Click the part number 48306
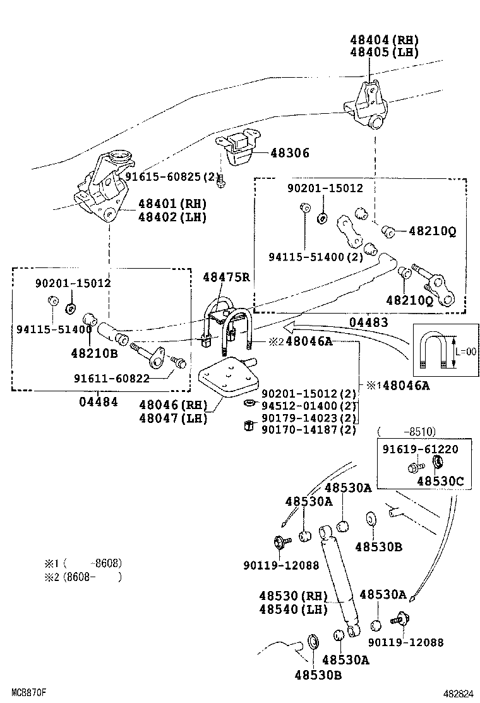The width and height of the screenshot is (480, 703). [x=290, y=153]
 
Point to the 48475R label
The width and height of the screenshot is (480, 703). [x=226, y=277]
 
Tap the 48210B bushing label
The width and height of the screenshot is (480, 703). [x=94, y=353]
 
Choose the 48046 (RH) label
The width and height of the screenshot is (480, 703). [x=172, y=405]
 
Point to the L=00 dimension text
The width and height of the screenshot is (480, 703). [x=465, y=351]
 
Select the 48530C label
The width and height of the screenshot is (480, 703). [x=440, y=482]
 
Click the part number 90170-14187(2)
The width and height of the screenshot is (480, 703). [x=308, y=430]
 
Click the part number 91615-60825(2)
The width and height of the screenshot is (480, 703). [x=172, y=177]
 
